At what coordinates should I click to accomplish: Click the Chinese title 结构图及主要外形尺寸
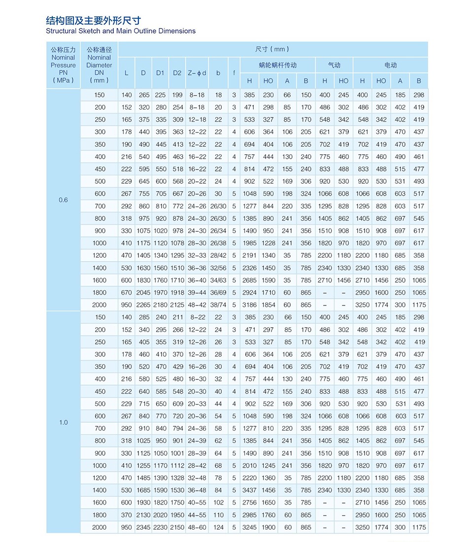pyautogui.click(x=93, y=20)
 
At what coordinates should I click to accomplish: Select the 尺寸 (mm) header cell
pyautogui.click(x=272, y=49)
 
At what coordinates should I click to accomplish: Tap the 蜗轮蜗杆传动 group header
pyautogui.click(x=277, y=65)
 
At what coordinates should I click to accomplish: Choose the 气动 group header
pyautogui.click(x=334, y=65)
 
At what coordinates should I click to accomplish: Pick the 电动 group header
pyautogui.click(x=390, y=65)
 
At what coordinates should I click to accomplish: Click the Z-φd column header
pyautogui.click(x=197, y=73)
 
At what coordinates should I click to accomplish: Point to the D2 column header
pyautogui.click(x=177, y=73)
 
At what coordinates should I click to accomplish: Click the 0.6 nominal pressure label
pyautogui.click(x=63, y=200)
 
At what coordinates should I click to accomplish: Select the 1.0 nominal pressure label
pyautogui.click(x=63, y=422)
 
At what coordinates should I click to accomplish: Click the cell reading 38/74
pyautogui.click(x=218, y=305)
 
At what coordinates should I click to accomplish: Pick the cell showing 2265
pyautogui.click(x=143, y=305)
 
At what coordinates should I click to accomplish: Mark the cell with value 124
pyautogui.click(x=218, y=527)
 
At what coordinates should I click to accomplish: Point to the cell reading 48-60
pyautogui.click(x=197, y=527)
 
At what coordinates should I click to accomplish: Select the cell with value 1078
pyautogui.click(x=177, y=243)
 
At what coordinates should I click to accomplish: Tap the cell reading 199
pyautogui.click(x=177, y=95)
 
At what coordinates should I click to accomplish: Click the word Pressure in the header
pyautogui.click(x=63, y=65)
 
